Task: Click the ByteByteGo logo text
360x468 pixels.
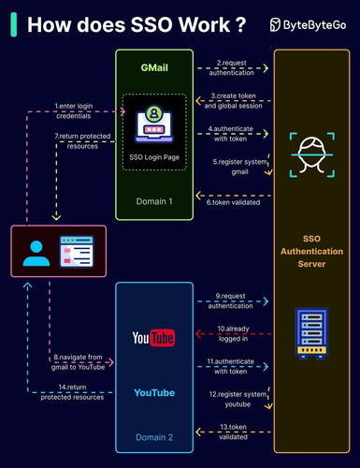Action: (x=314, y=25)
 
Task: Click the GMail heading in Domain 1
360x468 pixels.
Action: (x=154, y=67)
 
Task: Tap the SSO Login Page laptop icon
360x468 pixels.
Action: (x=154, y=124)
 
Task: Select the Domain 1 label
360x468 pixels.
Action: (x=154, y=201)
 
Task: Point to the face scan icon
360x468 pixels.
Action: (x=312, y=154)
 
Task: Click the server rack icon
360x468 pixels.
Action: (x=311, y=333)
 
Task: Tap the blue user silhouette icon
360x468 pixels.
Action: (x=36, y=254)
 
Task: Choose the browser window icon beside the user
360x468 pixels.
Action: (x=77, y=252)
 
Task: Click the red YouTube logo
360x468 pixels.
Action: (x=153, y=338)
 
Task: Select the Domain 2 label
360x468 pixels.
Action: (x=154, y=437)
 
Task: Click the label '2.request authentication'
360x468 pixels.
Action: (x=232, y=67)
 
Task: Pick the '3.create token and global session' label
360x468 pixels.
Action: (x=233, y=101)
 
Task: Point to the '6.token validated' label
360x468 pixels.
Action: (x=233, y=202)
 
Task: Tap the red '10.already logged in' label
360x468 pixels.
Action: (x=233, y=333)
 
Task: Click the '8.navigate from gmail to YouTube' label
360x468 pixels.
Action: (x=78, y=362)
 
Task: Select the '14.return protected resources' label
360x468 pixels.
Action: (x=72, y=392)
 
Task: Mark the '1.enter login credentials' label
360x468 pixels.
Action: (x=74, y=110)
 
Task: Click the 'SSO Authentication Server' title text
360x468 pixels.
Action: (x=311, y=251)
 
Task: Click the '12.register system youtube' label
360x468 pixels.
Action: (x=238, y=399)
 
